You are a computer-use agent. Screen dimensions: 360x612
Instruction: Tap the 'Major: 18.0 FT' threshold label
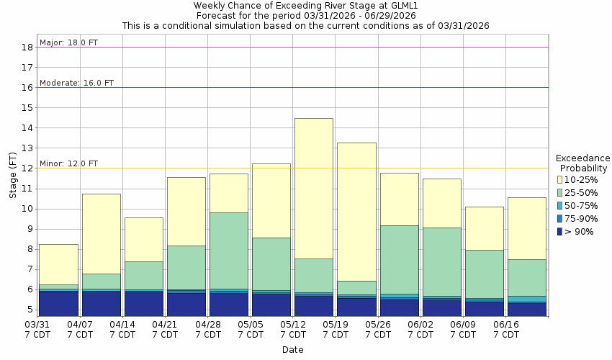click(x=68, y=42)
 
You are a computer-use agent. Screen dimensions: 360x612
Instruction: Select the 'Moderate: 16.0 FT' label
click(x=76, y=83)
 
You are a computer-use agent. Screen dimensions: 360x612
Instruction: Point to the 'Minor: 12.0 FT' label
click(x=68, y=163)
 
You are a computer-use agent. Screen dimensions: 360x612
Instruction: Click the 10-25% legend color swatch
click(x=561, y=179)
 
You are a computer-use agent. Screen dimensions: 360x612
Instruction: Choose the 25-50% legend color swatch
click(x=561, y=192)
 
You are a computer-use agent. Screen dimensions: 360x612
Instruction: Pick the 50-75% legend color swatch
click(x=561, y=205)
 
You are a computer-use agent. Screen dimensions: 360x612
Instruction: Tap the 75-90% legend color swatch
click(x=561, y=218)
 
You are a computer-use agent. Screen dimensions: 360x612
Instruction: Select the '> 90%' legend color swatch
click(x=561, y=231)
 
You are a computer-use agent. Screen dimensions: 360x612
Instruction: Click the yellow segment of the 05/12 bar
click(x=314, y=188)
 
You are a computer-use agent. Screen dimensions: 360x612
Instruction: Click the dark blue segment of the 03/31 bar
click(x=58, y=303)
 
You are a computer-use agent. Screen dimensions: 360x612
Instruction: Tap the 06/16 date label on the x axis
click(x=505, y=329)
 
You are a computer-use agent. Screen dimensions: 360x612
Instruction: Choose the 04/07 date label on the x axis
click(x=80, y=329)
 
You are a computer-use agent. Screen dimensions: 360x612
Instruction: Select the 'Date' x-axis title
click(x=292, y=350)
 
